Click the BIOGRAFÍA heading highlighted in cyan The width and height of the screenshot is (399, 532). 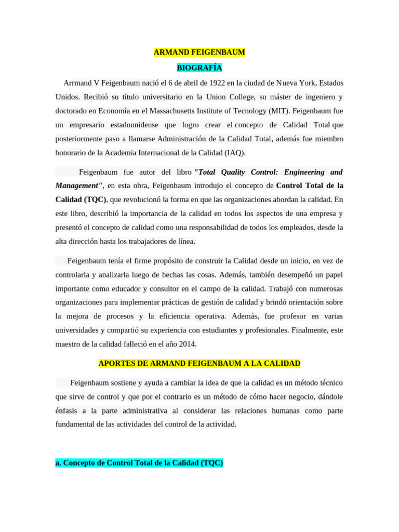tap(199, 68)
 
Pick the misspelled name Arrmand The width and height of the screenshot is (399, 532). tap(77, 83)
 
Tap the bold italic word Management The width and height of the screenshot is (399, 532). tap(78, 185)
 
